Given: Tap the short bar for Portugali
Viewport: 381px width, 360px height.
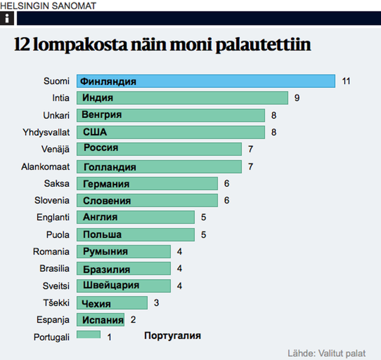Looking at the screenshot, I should pos(89,335).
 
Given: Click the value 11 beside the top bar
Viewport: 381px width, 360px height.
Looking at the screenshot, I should pos(346,81).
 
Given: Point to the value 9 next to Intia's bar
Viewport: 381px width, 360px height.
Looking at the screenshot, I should pos(297,98).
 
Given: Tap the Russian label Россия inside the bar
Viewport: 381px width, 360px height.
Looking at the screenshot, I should pos(101,148).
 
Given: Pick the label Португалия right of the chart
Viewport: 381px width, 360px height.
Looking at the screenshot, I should pos(173,336).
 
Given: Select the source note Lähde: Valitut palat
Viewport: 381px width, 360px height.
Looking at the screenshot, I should pos(326,352).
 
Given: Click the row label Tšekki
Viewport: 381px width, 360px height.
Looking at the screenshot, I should pos(56,303).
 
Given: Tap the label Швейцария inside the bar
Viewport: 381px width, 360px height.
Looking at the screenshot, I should pos(111,285).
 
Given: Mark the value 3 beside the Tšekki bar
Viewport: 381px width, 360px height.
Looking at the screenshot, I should pos(156,303).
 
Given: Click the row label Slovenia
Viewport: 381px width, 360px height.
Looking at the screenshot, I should pos(52,201).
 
